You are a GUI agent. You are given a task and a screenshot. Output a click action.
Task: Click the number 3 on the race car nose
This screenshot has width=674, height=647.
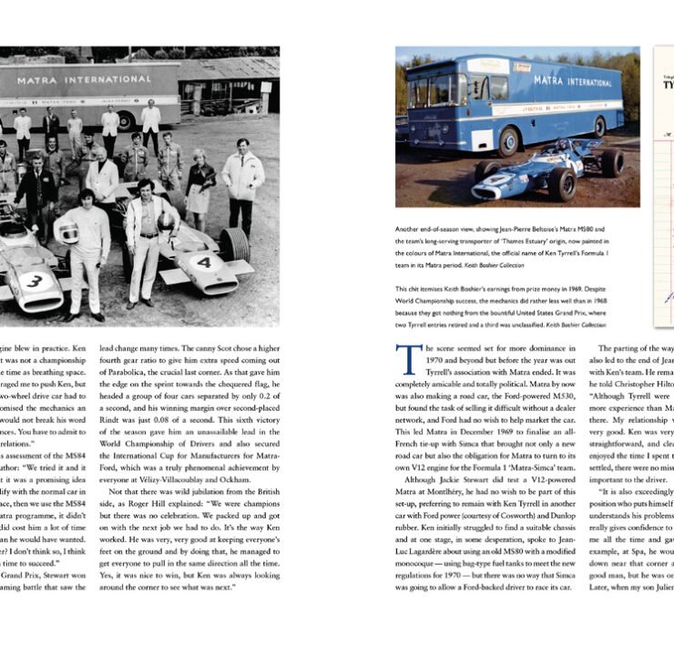pos(34,282)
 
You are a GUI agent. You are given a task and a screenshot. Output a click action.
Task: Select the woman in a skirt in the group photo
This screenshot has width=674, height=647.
pos(199,181)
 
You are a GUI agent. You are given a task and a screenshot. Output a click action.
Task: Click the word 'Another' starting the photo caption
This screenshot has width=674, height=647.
pos(412,230)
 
